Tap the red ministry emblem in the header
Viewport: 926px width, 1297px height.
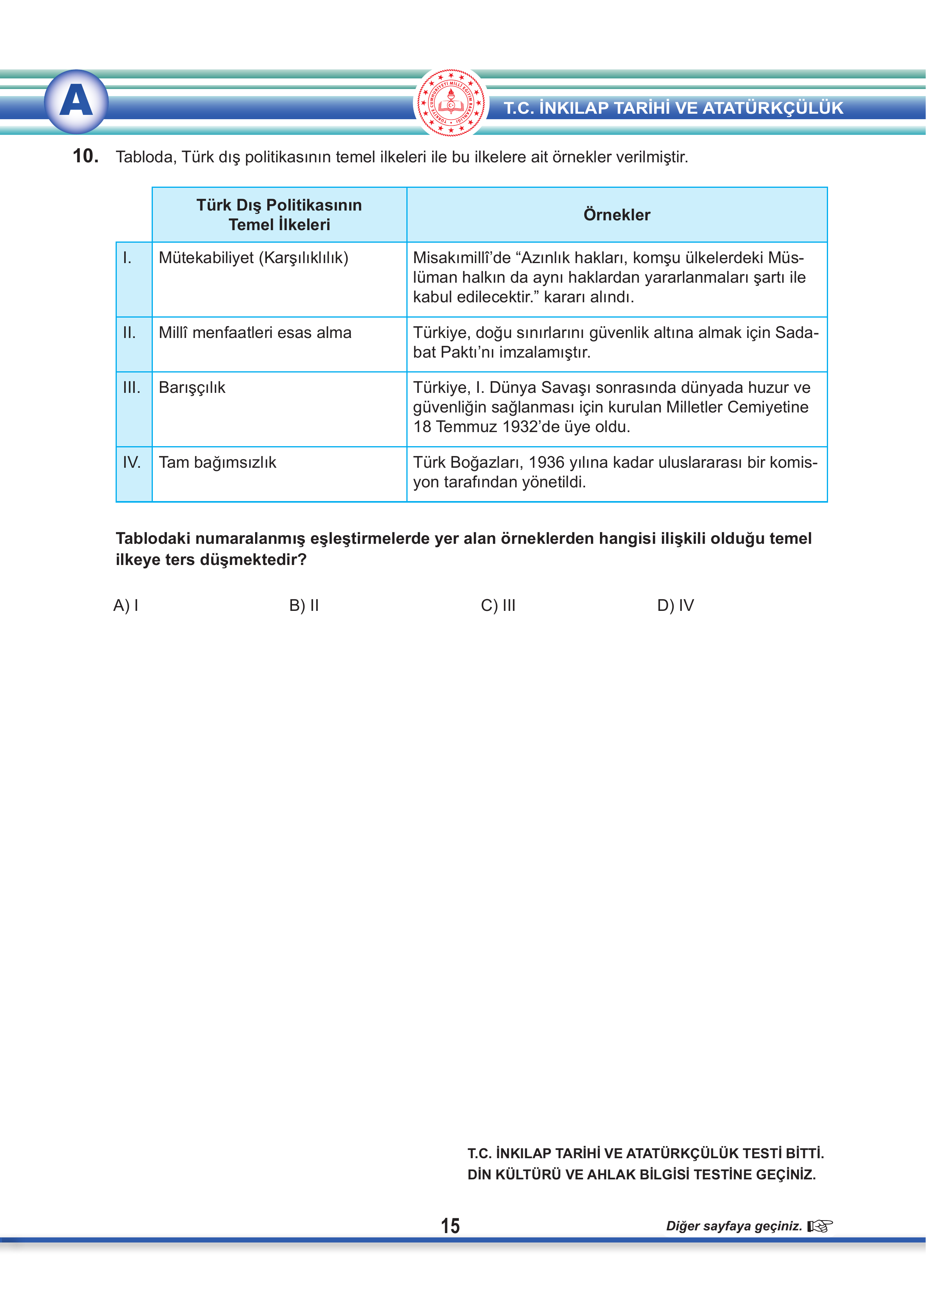450,103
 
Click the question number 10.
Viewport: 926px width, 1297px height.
85,156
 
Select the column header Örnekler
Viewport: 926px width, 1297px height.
616,215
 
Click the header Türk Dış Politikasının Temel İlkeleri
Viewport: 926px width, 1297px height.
279,214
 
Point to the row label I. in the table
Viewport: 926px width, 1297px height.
127,258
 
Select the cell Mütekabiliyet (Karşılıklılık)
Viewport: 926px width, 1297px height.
253,258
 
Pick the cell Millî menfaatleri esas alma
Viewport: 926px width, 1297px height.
255,332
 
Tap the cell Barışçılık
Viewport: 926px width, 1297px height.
192,388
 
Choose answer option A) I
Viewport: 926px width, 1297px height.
126,605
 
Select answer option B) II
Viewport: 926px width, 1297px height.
304,605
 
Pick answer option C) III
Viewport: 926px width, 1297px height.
498,605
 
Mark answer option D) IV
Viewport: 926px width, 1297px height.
675,605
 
